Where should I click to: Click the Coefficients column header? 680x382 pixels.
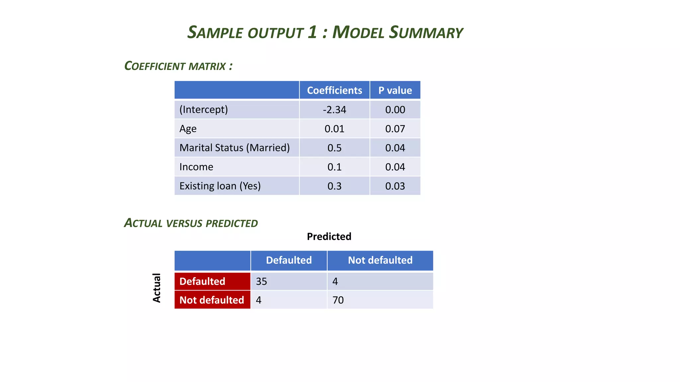click(334, 90)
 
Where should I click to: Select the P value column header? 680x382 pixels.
click(395, 90)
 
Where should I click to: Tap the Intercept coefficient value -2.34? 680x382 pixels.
click(334, 110)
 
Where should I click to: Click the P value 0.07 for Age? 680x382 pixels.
click(395, 129)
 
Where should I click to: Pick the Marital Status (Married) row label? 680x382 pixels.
click(234, 148)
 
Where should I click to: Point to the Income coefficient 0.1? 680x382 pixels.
click(334, 167)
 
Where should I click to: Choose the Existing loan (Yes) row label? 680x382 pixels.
click(220, 186)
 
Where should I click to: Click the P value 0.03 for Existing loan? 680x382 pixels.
click(395, 186)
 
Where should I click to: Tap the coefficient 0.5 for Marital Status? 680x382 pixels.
click(334, 148)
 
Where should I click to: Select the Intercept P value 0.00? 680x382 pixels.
click(395, 110)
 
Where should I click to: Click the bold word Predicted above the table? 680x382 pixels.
click(329, 236)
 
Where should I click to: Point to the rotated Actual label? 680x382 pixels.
click(156, 288)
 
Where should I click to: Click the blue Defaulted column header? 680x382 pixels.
click(289, 260)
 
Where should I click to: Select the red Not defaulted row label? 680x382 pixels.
click(212, 300)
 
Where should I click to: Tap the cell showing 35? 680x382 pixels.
click(261, 282)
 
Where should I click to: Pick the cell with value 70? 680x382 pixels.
click(338, 300)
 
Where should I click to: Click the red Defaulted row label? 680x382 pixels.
click(202, 282)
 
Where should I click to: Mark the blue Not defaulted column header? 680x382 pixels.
click(380, 260)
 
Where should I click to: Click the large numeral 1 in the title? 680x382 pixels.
click(312, 32)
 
